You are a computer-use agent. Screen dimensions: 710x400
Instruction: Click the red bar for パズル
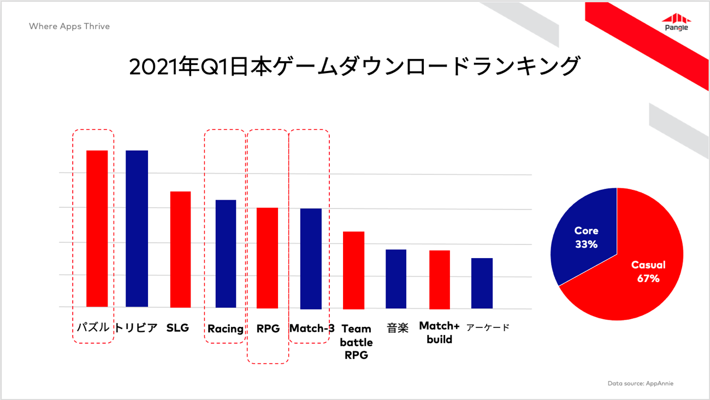[97, 229]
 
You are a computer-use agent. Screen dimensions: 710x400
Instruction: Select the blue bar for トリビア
[137, 229]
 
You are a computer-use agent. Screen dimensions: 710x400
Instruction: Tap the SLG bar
[180, 249]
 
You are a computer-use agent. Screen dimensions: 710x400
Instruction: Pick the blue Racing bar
[226, 254]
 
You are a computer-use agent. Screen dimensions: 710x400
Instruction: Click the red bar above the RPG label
[267, 258]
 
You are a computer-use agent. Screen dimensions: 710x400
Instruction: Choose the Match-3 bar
[311, 259]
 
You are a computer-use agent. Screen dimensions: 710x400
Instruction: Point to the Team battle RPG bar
[353, 271]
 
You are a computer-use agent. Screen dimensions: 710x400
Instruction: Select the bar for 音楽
[396, 279]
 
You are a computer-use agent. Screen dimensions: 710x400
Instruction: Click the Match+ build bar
[440, 279]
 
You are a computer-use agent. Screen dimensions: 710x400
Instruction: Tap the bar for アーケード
[482, 283]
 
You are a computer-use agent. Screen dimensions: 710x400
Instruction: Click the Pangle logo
[676, 22]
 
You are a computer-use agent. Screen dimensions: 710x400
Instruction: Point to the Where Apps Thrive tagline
[69, 26]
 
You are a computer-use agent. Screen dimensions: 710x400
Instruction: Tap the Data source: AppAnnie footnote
[640, 384]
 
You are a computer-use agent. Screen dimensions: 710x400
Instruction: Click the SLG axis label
[177, 328]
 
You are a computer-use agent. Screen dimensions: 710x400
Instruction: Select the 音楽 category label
[398, 328]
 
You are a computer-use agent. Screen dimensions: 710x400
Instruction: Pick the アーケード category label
[488, 327]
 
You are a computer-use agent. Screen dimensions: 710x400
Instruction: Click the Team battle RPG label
[356, 342]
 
